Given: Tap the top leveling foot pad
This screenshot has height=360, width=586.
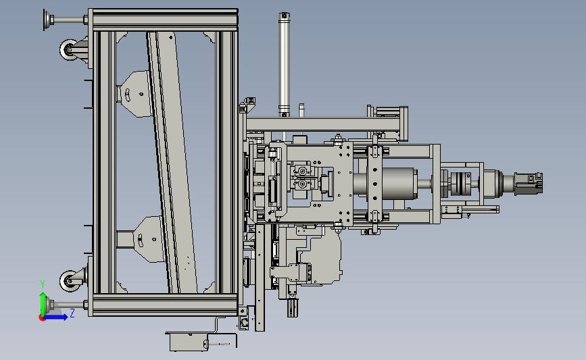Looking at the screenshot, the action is coord(47,20).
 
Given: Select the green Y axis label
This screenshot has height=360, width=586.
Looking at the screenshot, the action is coord(43,285).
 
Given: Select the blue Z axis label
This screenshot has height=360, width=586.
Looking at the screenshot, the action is coord(72,313).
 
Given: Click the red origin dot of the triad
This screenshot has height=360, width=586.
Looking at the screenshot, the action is coord(42,318).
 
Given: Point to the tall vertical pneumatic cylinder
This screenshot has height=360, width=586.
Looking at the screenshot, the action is coord(284,64).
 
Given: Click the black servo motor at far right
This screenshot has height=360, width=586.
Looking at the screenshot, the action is coord(528,183).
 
